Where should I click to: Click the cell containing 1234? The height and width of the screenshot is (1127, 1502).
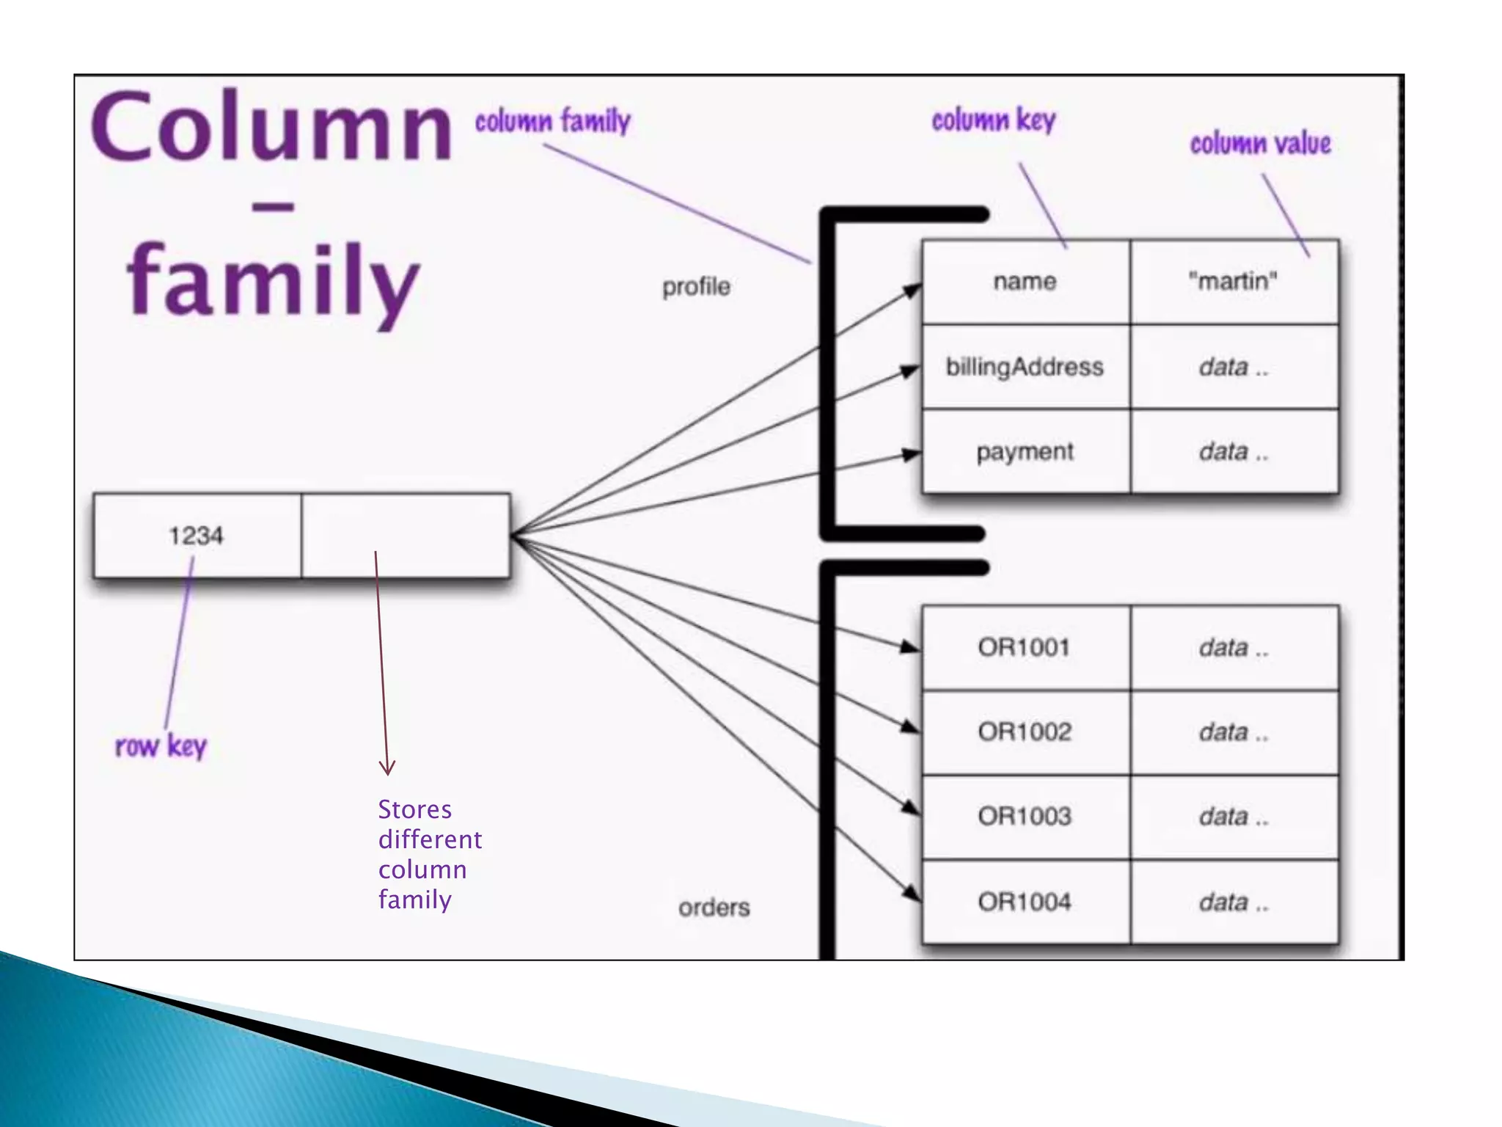click(197, 536)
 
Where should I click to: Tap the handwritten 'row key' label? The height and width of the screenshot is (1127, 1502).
click(161, 746)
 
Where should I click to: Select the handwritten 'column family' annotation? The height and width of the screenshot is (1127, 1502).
click(552, 121)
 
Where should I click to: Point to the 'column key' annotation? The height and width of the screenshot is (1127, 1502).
click(994, 120)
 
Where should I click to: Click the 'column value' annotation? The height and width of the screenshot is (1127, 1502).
click(1260, 144)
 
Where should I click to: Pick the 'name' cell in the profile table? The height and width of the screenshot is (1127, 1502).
click(1025, 282)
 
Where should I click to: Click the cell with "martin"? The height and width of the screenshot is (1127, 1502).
click(1234, 282)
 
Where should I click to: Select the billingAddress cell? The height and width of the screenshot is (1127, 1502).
click(1025, 367)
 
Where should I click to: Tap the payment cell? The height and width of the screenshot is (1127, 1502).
click(1025, 452)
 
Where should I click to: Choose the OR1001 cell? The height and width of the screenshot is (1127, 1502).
click(1025, 648)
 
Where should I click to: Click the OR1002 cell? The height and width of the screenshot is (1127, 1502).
click(1025, 732)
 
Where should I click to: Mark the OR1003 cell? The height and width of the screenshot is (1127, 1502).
click(1025, 817)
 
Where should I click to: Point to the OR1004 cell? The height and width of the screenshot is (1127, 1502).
click(1025, 902)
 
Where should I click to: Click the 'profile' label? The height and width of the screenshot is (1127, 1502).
click(696, 287)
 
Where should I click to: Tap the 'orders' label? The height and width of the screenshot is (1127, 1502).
click(714, 908)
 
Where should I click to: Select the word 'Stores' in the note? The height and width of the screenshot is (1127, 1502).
click(415, 810)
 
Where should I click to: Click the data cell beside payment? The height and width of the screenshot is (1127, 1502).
click(1234, 452)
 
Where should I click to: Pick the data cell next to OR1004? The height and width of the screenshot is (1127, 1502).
click(1234, 902)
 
